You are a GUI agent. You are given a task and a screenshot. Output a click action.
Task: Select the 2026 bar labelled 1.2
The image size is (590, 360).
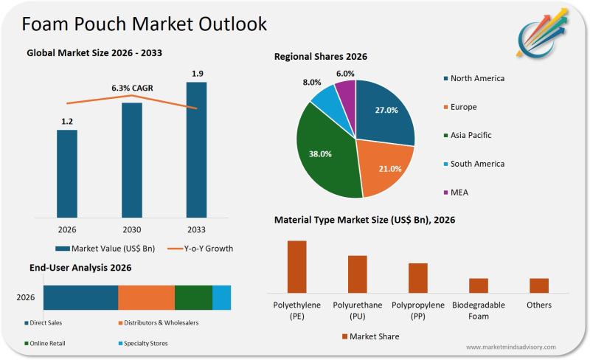pyautogui.click(x=67, y=173)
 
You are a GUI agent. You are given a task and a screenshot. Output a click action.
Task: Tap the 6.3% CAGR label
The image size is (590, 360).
pyautogui.click(x=132, y=88)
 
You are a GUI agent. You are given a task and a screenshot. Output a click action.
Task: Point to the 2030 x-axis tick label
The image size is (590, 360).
pyautogui.click(x=132, y=229)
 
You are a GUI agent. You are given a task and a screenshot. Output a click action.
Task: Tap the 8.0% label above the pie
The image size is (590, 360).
pyautogui.click(x=312, y=82)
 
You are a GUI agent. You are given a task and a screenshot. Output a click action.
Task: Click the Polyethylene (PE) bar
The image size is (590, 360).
pyautogui.click(x=296, y=266)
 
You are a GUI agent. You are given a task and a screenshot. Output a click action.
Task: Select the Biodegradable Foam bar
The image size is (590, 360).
pyautogui.click(x=479, y=285)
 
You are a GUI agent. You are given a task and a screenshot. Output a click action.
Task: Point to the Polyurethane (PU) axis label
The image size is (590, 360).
pyautogui.click(x=358, y=310)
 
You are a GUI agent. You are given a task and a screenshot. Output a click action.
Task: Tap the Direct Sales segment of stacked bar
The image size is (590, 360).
pyautogui.click(x=80, y=297)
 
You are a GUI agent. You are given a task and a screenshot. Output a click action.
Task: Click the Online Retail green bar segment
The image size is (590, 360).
pyautogui.click(x=193, y=297)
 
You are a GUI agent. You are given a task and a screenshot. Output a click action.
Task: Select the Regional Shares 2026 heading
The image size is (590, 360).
pyautogui.click(x=321, y=56)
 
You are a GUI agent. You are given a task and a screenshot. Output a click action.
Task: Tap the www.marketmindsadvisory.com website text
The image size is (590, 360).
pyautogui.click(x=510, y=347)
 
